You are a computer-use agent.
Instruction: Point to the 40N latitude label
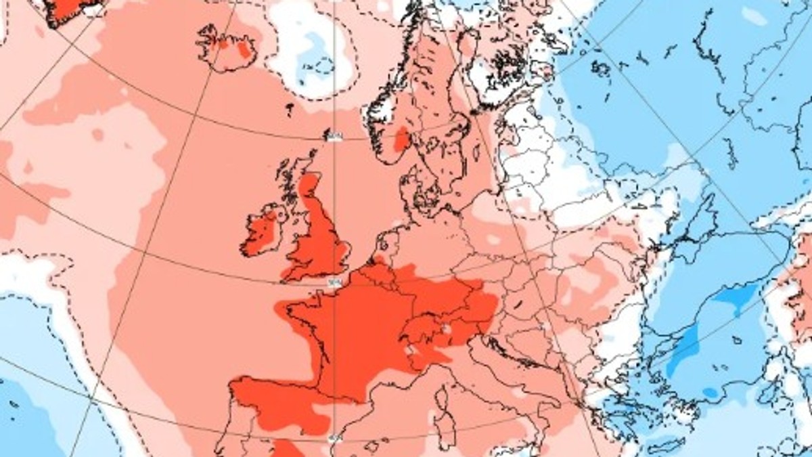(x=334, y=440)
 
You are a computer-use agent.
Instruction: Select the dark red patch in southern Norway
(x=402, y=139)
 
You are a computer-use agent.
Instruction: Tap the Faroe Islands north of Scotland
(x=290, y=108)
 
